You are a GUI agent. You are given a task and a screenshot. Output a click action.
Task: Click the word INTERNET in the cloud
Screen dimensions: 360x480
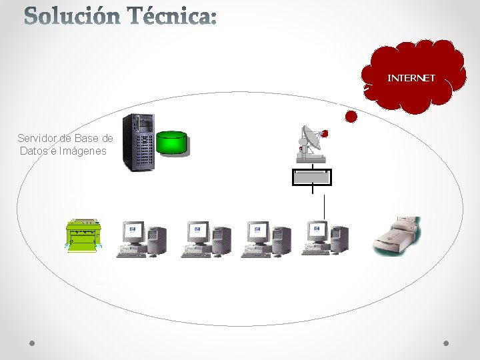pyautogui.click(x=411, y=78)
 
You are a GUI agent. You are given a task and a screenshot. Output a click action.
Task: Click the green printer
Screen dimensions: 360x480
pyautogui.click(x=84, y=234)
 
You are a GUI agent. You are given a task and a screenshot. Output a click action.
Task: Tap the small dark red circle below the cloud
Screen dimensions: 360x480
pyautogui.click(x=351, y=117)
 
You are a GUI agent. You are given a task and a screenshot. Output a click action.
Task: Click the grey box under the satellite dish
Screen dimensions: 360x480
pyautogui.click(x=311, y=177)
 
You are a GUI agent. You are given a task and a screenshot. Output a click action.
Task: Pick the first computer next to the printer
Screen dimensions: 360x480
pyautogui.click(x=142, y=239)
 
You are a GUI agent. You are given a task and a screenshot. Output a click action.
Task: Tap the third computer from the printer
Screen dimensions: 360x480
pyautogui.click(x=265, y=239)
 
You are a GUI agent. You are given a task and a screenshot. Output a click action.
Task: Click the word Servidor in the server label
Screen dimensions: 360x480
pyautogui.click(x=37, y=139)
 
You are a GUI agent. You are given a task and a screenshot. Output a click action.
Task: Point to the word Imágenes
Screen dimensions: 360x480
pyautogui.click(x=83, y=151)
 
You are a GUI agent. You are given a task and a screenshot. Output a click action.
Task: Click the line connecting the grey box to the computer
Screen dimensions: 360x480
pyautogui.click(x=323, y=206)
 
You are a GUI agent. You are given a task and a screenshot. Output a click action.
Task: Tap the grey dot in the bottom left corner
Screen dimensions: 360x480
pyautogui.click(x=33, y=344)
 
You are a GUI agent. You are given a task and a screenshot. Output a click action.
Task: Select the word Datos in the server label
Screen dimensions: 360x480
pyautogui.click(x=35, y=151)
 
